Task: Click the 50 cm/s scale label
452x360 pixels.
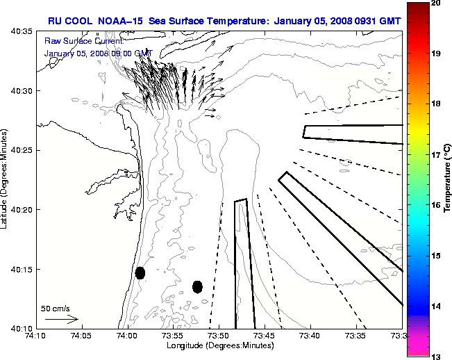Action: pyautogui.click(x=56, y=308)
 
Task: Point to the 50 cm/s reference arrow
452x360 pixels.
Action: pyautogui.click(x=62, y=319)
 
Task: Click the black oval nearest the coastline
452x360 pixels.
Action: pyautogui.click(x=140, y=272)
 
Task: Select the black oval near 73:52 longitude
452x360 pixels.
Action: pyautogui.click(x=197, y=286)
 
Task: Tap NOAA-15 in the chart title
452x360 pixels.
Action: pyautogui.click(x=122, y=19)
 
